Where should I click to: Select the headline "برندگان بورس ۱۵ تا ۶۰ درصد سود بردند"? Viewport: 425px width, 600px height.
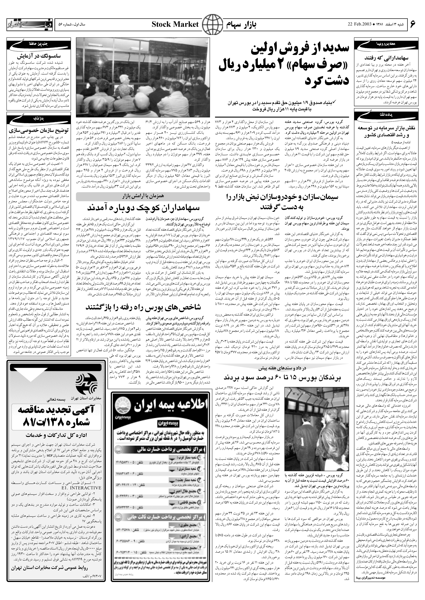pyautogui.click(x=282, y=378)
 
